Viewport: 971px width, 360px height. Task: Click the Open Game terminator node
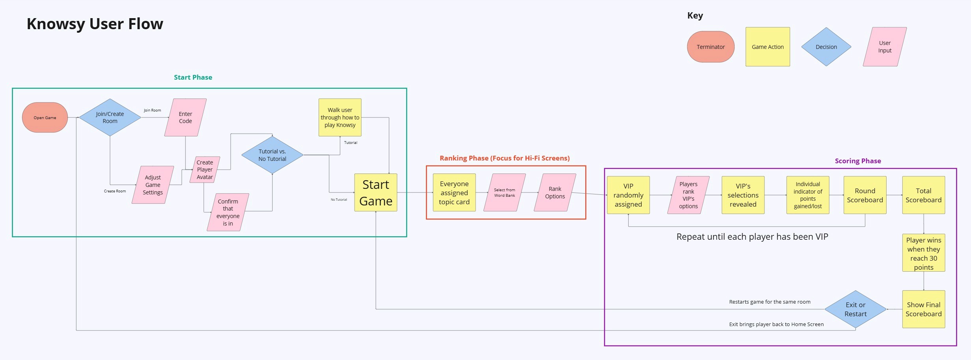click(45, 118)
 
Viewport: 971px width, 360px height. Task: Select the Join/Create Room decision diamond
click(110, 118)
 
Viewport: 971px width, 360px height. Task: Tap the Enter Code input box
click(185, 118)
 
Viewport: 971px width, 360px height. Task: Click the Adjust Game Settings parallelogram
click(153, 185)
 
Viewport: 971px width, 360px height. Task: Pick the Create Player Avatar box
click(205, 170)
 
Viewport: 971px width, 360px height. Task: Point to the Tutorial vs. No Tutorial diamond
click(272, 155)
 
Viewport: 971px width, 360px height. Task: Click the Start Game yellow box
click(376, 192)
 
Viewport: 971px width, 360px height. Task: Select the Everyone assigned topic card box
click(454, 192)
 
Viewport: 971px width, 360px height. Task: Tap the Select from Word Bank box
click(504, 192)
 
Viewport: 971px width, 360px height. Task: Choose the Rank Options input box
click(555, 192)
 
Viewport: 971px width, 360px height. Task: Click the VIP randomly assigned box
click(628, 195)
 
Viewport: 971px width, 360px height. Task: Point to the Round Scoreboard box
click(865, 195)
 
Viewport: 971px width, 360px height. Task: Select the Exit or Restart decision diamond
click(855, 309)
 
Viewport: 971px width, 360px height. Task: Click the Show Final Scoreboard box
click(924, 309)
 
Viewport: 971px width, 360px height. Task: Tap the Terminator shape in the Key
click(711, 47)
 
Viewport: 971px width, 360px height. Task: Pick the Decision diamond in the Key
click(826, 47)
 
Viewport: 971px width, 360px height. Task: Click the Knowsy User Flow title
click(95, 24)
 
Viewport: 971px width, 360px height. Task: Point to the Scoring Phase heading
click(858, 161)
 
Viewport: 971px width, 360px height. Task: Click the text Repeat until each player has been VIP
click(752, 237)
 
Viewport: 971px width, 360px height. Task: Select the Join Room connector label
click(152, 110)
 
